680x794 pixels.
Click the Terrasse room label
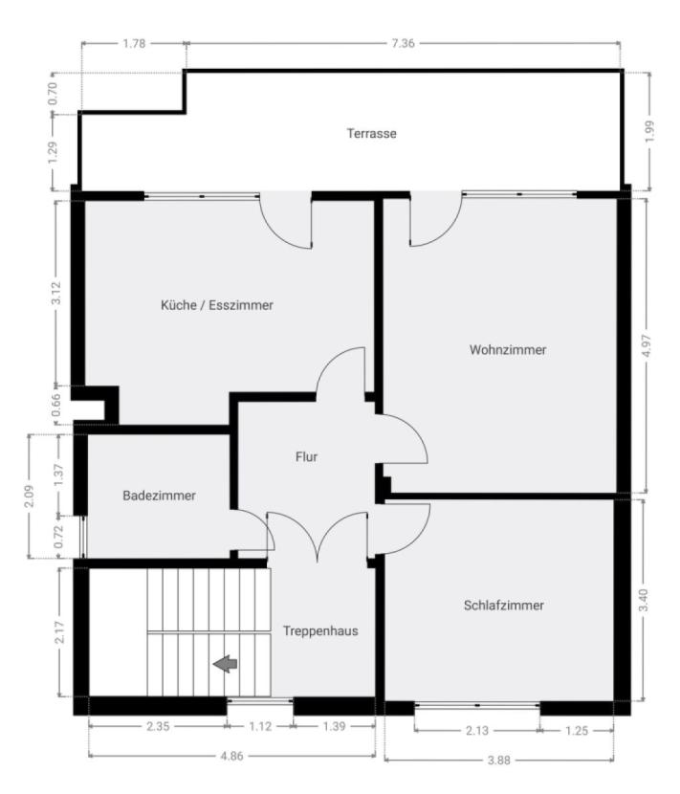pos(371,133)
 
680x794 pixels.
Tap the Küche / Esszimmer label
pos(217,305)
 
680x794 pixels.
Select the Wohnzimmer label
pos(508,349)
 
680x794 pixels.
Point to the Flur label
pos(306,456)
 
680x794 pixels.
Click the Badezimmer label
pos(159,495)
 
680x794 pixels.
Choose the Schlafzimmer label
pos(504,605)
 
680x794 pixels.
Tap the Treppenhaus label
pos(320,630)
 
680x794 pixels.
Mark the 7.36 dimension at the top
pos(403,43)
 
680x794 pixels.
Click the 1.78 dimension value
pos(134,43)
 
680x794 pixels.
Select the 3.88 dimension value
pos(498,760)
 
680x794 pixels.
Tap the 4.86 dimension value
pos(231,756)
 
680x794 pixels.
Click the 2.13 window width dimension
pos(477,730)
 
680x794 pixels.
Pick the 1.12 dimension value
pos(260,726)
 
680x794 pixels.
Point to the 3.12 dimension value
pos(56,292)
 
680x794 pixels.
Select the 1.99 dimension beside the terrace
pos(650,131)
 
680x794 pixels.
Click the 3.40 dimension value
pos(643,600)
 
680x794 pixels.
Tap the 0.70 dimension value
pos(53,93)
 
